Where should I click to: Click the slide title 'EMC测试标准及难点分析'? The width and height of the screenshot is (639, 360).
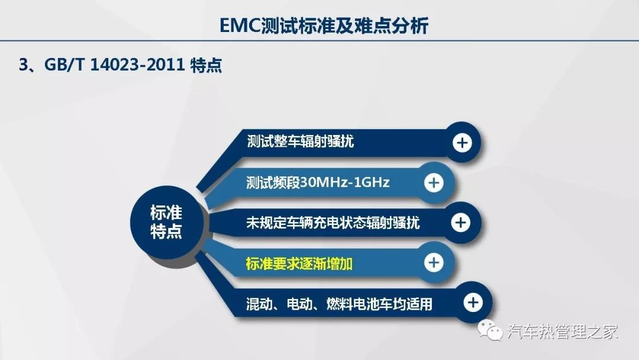pos(324,25)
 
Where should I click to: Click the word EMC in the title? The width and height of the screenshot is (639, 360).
pos(240,25)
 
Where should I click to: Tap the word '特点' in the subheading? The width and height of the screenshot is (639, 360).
pos(206,65)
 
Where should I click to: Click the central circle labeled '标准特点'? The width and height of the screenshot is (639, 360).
pos(166,222)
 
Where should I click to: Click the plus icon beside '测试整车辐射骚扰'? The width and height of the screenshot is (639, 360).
pos(462,143)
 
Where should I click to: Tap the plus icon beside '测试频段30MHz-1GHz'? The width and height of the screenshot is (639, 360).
pos(434,182)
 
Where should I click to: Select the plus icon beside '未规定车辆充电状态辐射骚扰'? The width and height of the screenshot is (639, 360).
pos(461,222)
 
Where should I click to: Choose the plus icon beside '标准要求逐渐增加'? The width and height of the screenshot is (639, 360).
pos(434,262)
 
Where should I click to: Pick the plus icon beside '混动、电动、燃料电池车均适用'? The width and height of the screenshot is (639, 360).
pos(473,302)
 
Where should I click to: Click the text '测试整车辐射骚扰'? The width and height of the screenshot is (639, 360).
pos(301,142)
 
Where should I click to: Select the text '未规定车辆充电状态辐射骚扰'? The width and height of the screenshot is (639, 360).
pos(333,223)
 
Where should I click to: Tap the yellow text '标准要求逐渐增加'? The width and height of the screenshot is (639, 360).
pos(299,263)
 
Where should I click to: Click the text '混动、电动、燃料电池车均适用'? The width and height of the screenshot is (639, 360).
pos(339,304)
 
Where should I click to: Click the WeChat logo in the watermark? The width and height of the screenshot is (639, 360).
pos(490,329)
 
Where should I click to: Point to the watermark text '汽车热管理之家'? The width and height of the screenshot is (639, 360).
pos(563,331)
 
